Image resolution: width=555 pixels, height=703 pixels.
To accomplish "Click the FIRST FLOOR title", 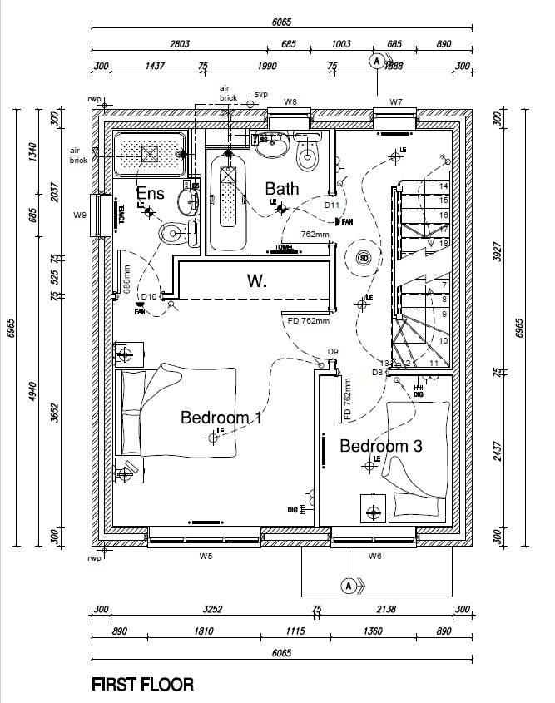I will (143, 686).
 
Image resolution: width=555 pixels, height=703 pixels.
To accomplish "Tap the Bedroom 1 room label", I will (221, 418).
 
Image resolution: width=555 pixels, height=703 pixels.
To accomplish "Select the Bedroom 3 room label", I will (380, 446).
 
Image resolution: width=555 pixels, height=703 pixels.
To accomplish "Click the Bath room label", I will (282, 189).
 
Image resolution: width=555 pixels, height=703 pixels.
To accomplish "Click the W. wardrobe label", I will (256, 281).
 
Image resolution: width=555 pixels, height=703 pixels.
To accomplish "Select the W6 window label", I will (374, 555).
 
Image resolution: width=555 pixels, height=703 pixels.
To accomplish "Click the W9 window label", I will (80, 215).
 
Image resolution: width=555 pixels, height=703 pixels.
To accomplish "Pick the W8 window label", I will (290, 101).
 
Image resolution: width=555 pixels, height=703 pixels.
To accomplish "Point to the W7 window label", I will (396, 101).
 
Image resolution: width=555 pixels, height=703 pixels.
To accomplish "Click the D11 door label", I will (332, 205).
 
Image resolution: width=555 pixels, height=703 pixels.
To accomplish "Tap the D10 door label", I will (149, 296).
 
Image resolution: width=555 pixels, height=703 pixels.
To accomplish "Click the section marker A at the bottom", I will (349, 586).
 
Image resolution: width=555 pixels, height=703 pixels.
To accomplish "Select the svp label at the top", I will (261, 94).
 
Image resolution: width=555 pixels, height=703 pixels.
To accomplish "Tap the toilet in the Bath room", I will (309, 151).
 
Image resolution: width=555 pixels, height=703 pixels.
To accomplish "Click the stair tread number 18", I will (444, 243).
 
